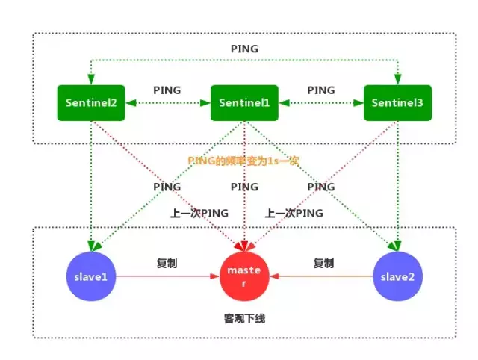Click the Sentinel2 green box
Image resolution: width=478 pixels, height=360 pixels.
coord(90,103)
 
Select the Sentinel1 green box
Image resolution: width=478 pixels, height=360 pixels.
coord(243,103)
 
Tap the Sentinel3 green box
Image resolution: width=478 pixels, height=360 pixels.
coord(397,103)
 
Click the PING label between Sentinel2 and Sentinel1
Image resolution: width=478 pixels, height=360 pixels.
coord(167,90)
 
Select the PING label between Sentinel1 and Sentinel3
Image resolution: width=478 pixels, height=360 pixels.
coord(321,90)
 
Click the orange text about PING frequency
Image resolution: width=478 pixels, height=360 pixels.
coord(243,160)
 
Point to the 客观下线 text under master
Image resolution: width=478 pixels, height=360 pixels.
coord(244,319)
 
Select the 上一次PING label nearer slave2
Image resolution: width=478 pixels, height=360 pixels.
coord(294,213)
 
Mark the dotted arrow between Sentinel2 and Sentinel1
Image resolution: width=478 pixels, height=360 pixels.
coord(167,104)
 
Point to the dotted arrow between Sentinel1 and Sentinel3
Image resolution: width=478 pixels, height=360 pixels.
coord(321,104)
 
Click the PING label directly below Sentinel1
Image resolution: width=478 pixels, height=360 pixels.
coord(244,187)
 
